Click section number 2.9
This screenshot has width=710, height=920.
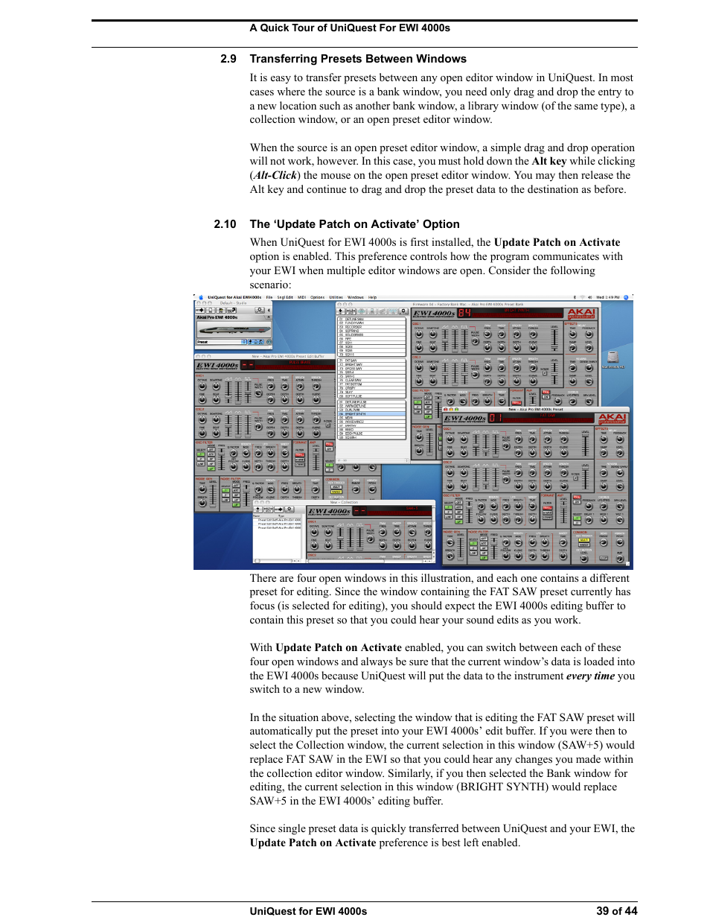(x=228, y=59)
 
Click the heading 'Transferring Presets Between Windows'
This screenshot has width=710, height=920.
(x=358, y=59)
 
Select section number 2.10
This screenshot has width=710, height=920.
(x=225, y=224)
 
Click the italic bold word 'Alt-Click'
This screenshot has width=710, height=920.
(x=275, y=175)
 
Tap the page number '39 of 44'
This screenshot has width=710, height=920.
(x=616, y=910)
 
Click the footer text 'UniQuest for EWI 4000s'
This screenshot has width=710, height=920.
(x=308, y=910)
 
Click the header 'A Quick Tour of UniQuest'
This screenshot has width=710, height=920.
(x=349, y=28)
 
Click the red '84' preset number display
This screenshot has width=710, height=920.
(x=464, y=314)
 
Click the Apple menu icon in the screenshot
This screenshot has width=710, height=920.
(x=201, y=297)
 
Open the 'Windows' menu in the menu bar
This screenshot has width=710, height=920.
(x=355, y=297)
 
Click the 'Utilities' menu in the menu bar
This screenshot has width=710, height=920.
(x=336, y=297)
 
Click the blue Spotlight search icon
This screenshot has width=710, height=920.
(x=627, y=297)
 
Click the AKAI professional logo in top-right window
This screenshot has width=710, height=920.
(x=581, y=314)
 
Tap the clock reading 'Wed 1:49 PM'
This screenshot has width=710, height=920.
(x=607, y=297)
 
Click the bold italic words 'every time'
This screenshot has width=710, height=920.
(x=590, y=676)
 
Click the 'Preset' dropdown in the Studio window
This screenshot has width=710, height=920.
(x=220, y=342)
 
